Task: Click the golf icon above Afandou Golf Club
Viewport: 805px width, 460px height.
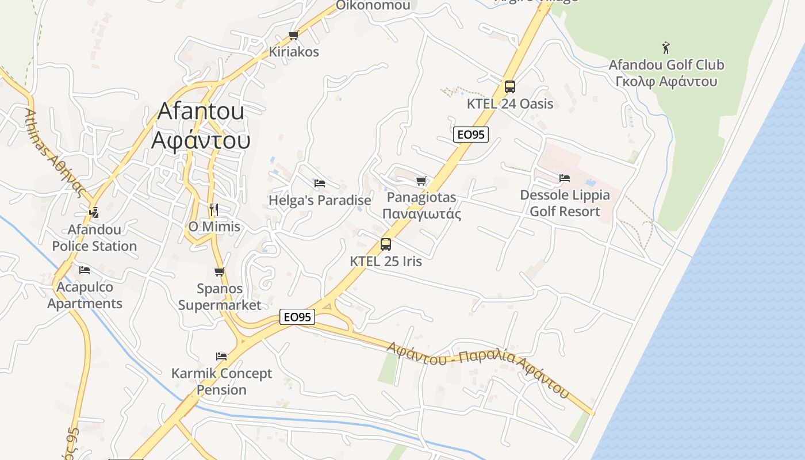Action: click(666, 47)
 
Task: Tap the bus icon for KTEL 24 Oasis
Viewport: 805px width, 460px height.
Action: click(509, 87)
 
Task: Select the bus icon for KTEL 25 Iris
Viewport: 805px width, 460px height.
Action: click(386, 244)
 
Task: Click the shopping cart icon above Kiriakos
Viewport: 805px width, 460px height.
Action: click(293, 35)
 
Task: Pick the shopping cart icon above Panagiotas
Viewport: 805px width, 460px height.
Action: click(421, 181)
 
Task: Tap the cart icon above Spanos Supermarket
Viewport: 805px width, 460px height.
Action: click(219, 272)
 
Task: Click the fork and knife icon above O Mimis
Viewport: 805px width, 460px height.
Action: click(214, 209)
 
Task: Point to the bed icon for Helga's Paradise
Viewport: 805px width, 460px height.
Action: click(320, 183)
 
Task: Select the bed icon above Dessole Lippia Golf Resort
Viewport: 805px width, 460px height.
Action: click(565, 178)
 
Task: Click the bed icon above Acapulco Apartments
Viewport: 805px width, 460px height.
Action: click(85, 270)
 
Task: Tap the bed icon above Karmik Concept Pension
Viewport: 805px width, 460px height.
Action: click(221, 356)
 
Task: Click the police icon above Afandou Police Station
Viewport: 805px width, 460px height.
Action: click(94, 213)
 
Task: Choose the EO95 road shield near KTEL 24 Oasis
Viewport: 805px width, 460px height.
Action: click(470, 135)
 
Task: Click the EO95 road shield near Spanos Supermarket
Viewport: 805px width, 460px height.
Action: click(297, 317)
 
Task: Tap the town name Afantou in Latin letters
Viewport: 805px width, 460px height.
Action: click(200, 111)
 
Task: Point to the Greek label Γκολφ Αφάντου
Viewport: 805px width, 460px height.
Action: click(666, 81)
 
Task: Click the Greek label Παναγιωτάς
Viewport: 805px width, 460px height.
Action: click(421, 214)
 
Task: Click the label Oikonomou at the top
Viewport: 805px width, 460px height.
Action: click(373, 6)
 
